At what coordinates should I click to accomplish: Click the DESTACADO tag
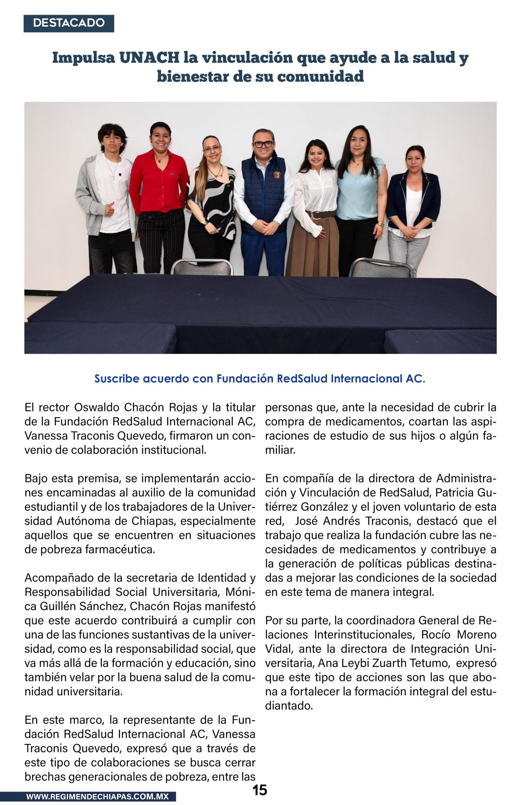pyautogui.click(x=69, y=23)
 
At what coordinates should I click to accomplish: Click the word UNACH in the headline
pyautogui.click(x=149, y=58)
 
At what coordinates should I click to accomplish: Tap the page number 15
pyautogui.click(x=260, y=790)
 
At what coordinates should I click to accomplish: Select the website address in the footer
pyautogui.click(x=97, y=797)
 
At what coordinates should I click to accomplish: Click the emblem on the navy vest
pyautogui.click(x=277, y=175)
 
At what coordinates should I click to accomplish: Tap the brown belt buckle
pyautogui.click(x=316, y=215)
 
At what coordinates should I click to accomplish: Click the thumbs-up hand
pyautogui.click(x=109, y=209)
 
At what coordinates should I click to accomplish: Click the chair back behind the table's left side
pyautogui.click(x=202, y=267)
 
